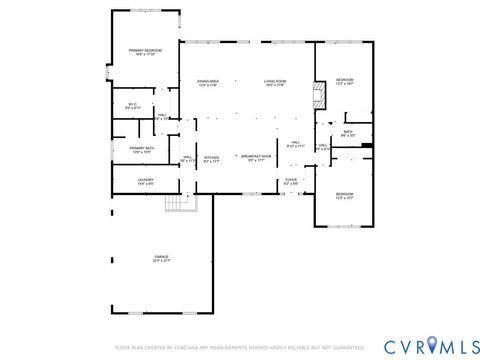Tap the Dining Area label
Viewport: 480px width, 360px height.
208,82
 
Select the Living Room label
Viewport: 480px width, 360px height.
275,82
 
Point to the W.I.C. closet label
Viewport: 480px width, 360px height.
132,105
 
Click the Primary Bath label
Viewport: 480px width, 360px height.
143,150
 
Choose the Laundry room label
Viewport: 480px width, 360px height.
145,181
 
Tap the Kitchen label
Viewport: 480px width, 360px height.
212,158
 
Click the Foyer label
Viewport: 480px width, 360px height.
291,181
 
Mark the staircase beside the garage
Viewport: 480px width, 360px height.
178,203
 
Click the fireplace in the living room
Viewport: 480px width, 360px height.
319,96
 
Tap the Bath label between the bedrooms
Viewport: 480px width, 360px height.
348,133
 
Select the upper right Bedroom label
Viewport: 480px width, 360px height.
345,81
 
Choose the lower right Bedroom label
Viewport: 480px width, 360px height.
343,195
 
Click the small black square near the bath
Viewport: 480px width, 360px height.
366,147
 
